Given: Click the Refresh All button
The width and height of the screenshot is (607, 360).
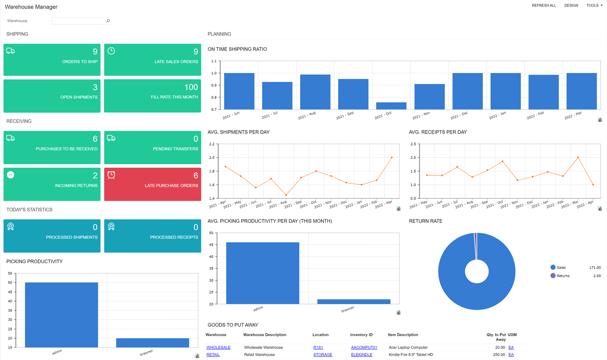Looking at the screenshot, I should [x=544, y=6].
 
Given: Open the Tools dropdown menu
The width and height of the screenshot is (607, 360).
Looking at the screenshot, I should [x=594, y=6].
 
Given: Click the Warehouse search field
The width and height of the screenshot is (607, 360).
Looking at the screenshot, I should [x=79, y=21].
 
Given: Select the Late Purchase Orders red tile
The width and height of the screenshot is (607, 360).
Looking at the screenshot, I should [x=152, y=184].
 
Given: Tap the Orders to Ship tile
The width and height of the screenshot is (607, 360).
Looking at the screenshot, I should [x=52, y=60].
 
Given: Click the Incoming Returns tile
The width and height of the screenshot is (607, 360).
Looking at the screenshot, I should [x=52, y=184].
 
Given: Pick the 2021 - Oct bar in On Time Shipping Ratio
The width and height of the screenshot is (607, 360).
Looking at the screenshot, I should [x=391, y=106].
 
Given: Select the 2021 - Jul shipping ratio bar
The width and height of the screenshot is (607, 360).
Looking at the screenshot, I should [x=277, y=96].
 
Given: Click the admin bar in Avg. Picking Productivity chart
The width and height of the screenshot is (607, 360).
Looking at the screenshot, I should [x=263, y=273].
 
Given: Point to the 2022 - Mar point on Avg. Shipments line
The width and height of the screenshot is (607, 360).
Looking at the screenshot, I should [x=391, y=157].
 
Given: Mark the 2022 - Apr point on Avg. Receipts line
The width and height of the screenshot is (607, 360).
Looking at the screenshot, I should [x=593, y=185].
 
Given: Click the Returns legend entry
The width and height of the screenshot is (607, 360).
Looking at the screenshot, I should [x=563, y=276].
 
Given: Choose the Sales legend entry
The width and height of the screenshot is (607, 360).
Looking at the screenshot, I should [x=561, y=267].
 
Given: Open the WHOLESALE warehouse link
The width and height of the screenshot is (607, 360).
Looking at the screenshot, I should [x=218, y=348].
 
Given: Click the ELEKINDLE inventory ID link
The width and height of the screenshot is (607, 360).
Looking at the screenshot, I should [x=362, y=355].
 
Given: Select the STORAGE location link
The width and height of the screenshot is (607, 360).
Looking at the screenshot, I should [x=322, y=355].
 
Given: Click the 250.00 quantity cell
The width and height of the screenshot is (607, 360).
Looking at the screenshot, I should [x=499, y=355].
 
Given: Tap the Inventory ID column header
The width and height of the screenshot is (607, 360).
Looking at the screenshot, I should [x=361, y=335].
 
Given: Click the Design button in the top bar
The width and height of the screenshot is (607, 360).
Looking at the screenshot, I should [x=571, y=6].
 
